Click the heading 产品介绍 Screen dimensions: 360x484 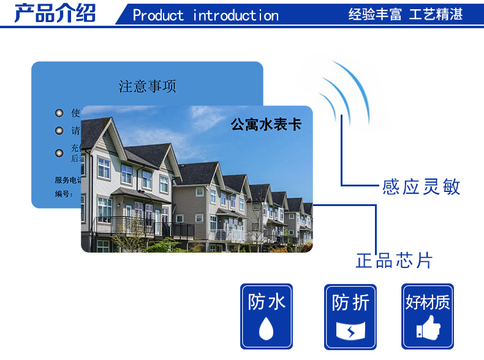pyautogui.click(x=55, y=13)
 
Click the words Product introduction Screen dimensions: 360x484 pyautogui.click(x=205, y=15)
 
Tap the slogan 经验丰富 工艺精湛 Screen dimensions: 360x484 pyautogui.click(x=405, y=14)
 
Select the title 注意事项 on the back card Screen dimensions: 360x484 pyautogui.click(x=147, y=86)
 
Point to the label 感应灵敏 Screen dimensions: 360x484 pyautogui.click(x=421, y=186)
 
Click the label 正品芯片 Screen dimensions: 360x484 pyautogui.click(x=394, y=260)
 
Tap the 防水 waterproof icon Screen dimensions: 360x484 pyautogui.click(x=267, y=316)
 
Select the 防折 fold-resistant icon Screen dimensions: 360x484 pyautogui.click(x=350, y=316)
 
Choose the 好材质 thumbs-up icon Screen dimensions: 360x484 pyautogui.click(x=427, y=316)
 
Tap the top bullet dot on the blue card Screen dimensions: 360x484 pyautogui.click(x=59, y=113)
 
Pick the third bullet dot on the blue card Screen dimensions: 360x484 pyautogui.click(x=59, y=153)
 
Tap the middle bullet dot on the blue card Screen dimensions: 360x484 pyautogui.click(x=59, y=131)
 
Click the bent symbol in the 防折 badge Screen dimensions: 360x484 pyautogui.click(x=350, y=331)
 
